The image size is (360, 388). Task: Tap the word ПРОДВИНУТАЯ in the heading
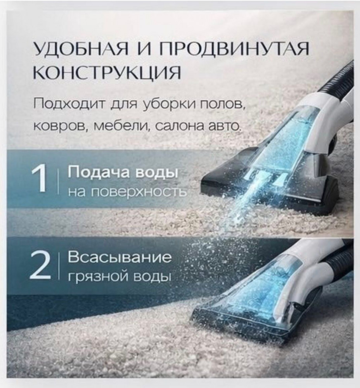point(234,48)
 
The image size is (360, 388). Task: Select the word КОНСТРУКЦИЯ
point(107,73)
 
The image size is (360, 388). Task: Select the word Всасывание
point(119,257)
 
